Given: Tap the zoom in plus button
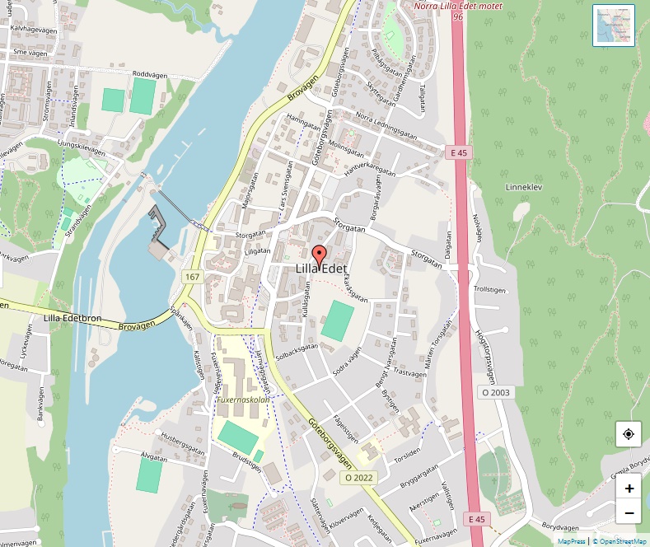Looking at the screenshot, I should pyautogui.click(x=629, y=488).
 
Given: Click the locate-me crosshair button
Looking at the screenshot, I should pyautogui.click(x=629, y=434).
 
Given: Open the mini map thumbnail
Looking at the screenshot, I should pyautogui.click(x=614, y=26).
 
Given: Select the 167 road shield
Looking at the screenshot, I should pyautogui.click(x=193, y=277).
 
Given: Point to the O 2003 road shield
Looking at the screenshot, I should pyautogui.click(x=496, y=393).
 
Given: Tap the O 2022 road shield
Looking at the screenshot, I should pyautogui.click(x=359, y=477).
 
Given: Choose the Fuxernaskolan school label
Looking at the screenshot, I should pyautogui.click(x=243, y=400).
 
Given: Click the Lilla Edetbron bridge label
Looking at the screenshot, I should pyautogui.click(x=72, y=318).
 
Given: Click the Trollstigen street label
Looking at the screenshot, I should pyautogui.click(x=488, y=290).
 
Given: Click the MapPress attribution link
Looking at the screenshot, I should pyautogui.click(x=571, y=541).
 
